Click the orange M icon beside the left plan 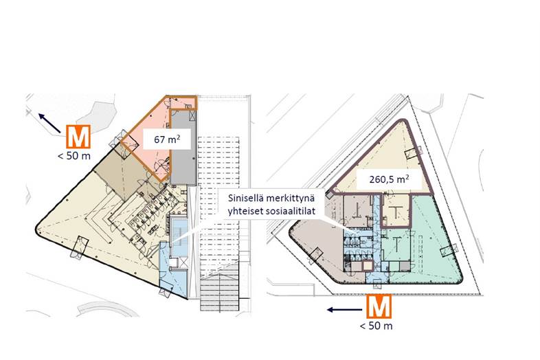coord(78,137)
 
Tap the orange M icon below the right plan coord(379,306)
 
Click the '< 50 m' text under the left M coord(74,156)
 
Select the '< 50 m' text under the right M coord(376,326)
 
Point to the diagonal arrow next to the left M coord(49,123)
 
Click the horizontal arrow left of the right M coord(345,310)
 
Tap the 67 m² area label coord(167,139)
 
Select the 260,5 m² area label coord(389,179)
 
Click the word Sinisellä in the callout coord(245,199)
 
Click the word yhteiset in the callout coord(245,211)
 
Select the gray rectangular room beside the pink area coord(184,148)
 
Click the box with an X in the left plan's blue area coord(183,263)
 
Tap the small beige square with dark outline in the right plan coord(368,267)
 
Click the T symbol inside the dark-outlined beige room coord(396,212)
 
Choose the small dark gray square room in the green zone coord(405,266)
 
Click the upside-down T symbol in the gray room coord(357,211)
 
